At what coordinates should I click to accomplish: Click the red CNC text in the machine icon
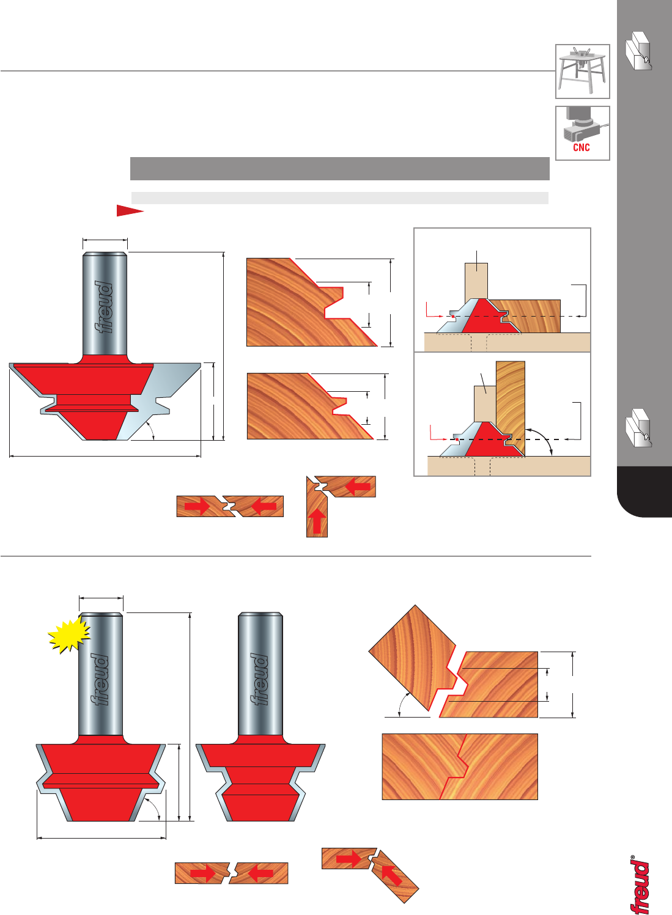pyautogui.click(x=582, y=147)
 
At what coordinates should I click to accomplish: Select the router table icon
pyautogui.click(x=583, y=72)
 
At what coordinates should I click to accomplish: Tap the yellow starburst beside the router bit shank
pyautogui.click(x=69, y=634)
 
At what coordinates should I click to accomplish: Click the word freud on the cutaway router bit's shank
pyautogui.click(x=103, y=307)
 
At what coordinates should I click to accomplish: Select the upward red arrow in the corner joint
pyautogui.click(x=317, y=521)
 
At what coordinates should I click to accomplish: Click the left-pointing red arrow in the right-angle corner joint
pyautogui.click(x=358, y=487)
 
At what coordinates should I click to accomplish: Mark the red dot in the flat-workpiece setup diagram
pyautogui.click(x=453, y=316)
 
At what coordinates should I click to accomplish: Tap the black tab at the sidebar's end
pyautogui.click(x=644, y=492)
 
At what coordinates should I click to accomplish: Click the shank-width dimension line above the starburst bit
pyautogui.click(x=101, y=598)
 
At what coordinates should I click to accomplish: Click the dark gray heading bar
pyautogui.click(x=340, y=168)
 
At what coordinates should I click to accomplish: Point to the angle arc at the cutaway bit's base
pyautogui.click(x=151, y=430)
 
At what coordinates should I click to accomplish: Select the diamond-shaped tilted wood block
pyautogui.click(x=413, y=658)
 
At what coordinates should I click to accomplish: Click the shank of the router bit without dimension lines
pyautogui.click(x=260, y=674)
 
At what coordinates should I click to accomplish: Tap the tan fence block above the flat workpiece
pyautogui.click(x=476, y=281)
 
